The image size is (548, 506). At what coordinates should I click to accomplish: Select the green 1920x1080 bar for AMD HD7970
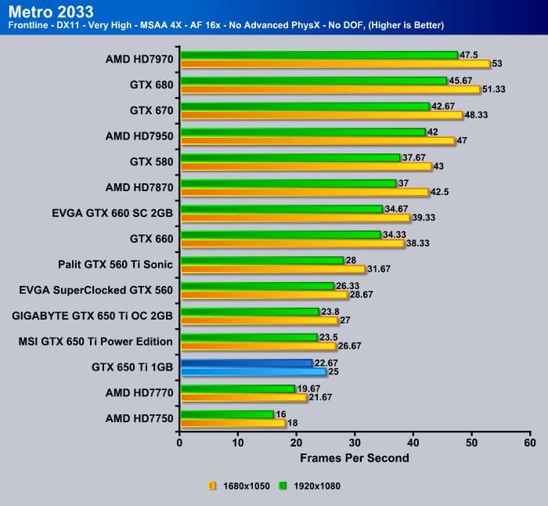pyautogui.click(x=319, y=55)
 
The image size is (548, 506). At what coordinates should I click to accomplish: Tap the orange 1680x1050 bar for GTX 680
pyautogui.click(x=330, y=89)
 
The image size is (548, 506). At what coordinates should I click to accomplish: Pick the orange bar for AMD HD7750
pyautogui.click(x=233, y=423)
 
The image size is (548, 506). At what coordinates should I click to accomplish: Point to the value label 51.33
pyautogui.click(x=494, y=89)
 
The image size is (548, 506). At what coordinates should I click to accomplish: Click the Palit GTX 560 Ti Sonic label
pyautogui.click(x=115, y=264)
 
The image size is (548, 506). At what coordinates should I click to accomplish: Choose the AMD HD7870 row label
pyautogui.click(x=139, y=187)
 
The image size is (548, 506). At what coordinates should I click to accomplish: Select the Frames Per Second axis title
pyautogui.click(x=355, y=457)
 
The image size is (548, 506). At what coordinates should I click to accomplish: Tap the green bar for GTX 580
pyautogui.click(x=290, y=157)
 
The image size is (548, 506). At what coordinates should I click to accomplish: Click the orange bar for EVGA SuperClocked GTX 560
pyautogui.click(x=264, y=295)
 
